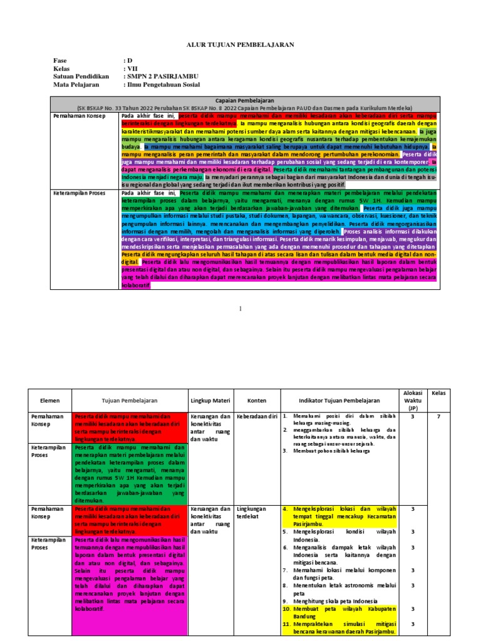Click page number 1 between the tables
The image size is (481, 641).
pos(240,308)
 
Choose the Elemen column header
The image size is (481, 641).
pos(49,400)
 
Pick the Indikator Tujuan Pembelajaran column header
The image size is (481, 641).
pos(339,400)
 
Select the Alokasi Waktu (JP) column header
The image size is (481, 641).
pos(413,399)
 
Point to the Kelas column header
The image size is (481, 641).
pos(438,392)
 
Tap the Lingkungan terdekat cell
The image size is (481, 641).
pos(252,512)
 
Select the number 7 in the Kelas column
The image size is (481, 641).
pos(438,416)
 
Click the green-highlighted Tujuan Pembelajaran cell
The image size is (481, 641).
pos(132,474)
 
